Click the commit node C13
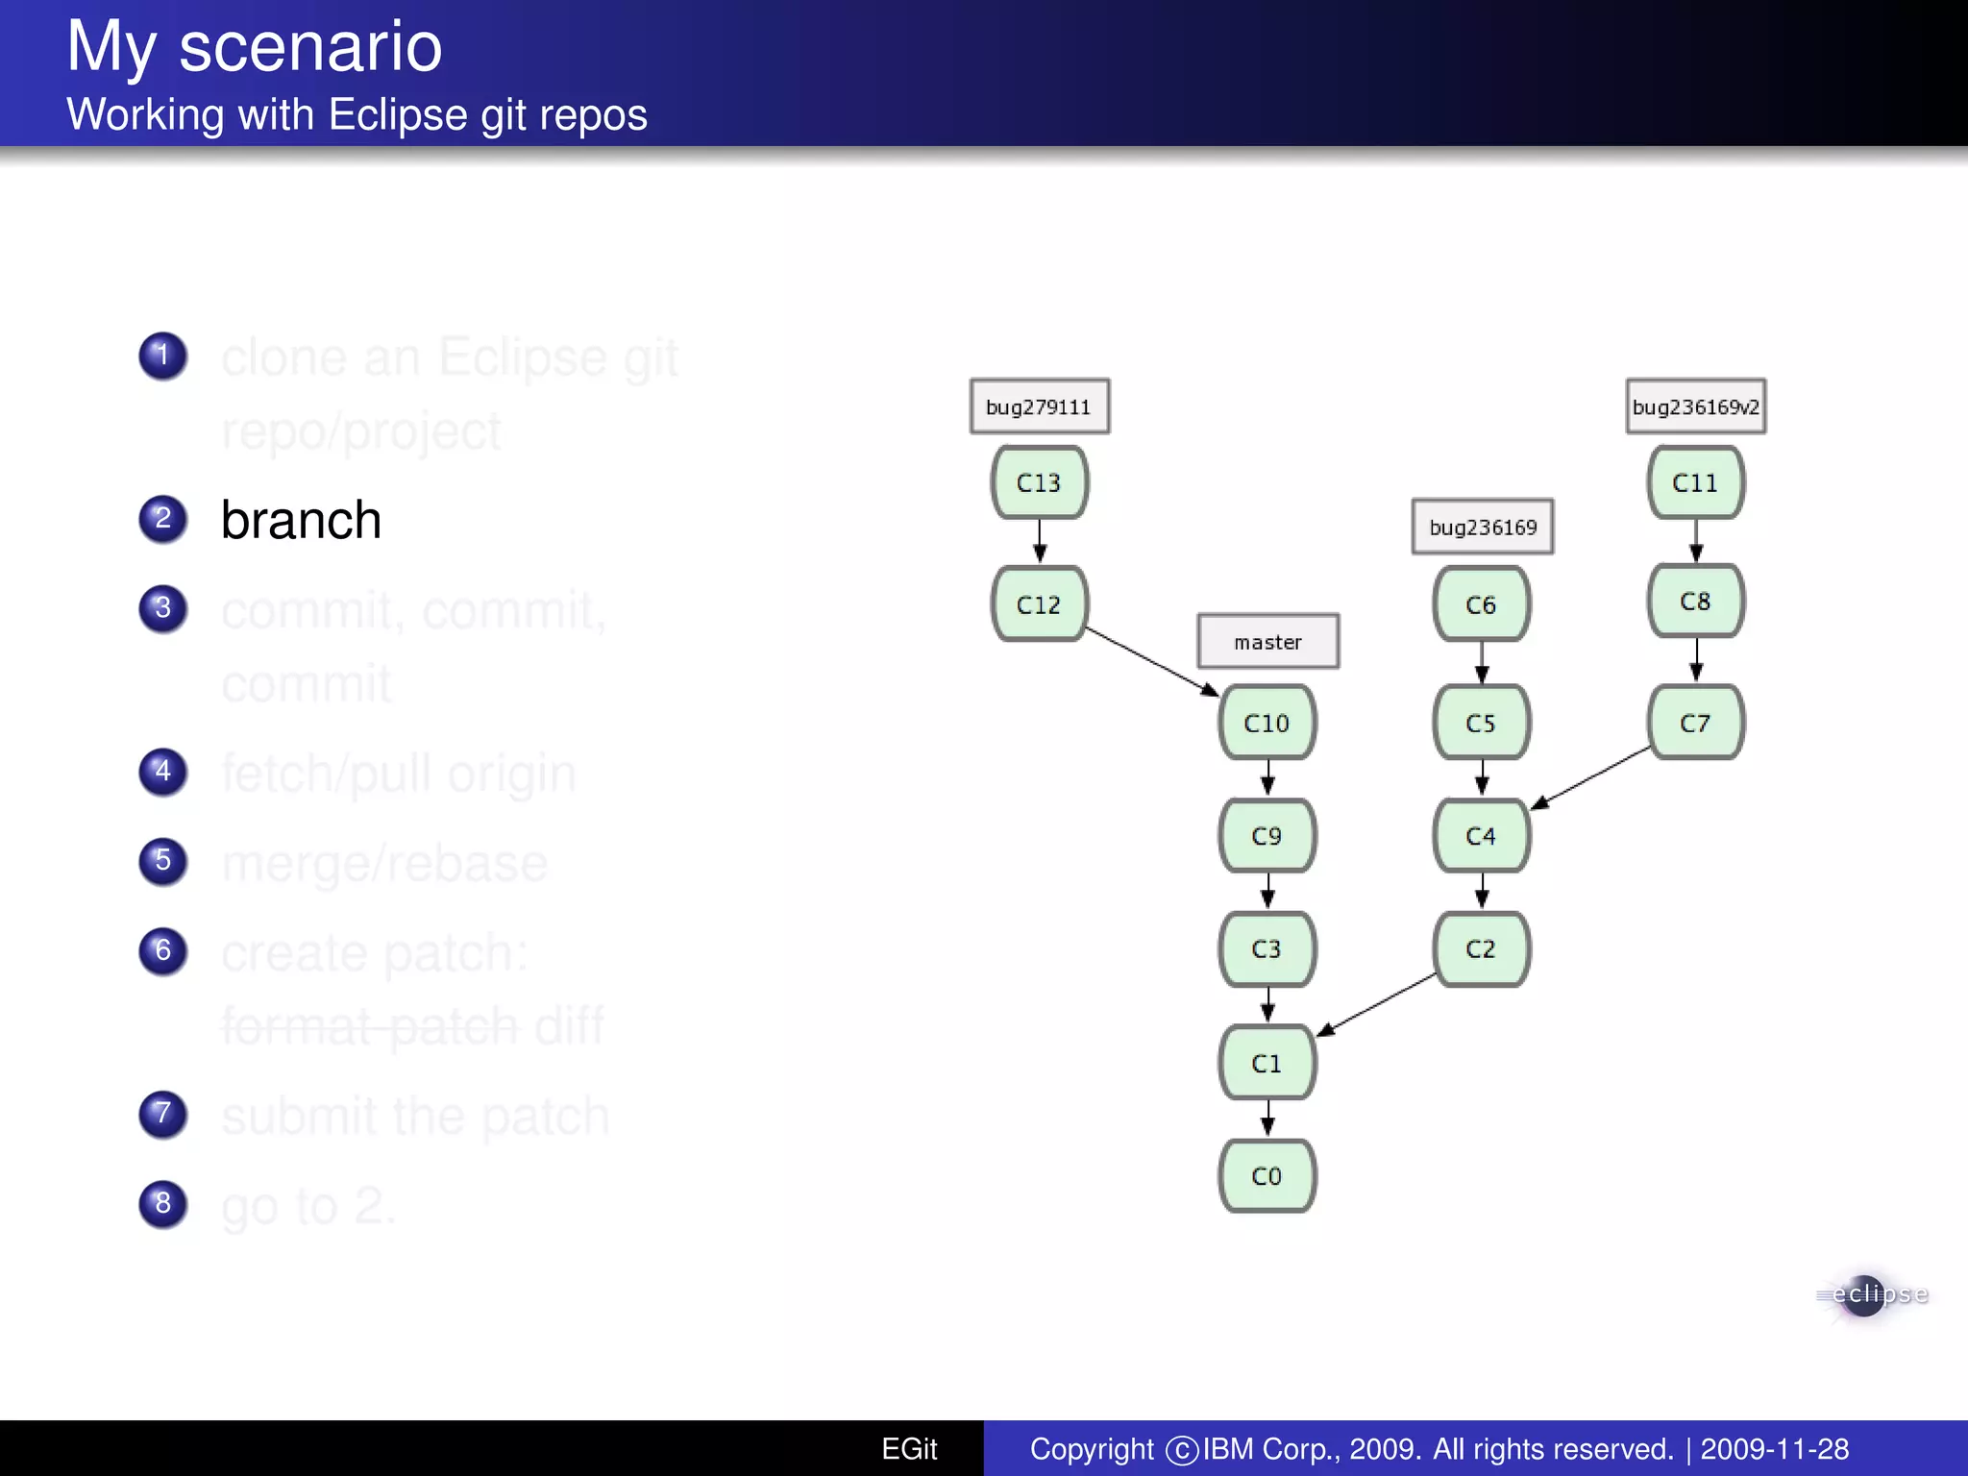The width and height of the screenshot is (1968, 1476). click(x=1039, y=482)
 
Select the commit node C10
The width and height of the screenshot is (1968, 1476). click(x=1267, y=723)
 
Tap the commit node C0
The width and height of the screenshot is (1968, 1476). click(x=1267, y=1176)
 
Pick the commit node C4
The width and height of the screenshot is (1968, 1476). click(x=1481, y=836)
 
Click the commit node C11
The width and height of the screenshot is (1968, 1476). click(x=1695, y=482)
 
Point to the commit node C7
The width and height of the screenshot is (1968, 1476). click(x=1695, y=723)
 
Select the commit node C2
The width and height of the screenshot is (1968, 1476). click(x=1481, y=949)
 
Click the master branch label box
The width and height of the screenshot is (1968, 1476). click(x=1267, y=642)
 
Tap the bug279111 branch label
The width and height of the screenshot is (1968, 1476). click(x=1039, y=406)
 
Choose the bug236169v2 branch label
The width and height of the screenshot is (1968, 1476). click(x=1695, y=406)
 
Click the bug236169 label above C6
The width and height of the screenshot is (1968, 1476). click(x=1482, y=527)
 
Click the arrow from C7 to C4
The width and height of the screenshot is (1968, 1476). click(x=1590, y=777)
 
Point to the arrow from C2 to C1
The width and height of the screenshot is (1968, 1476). click(x=1376, y=1004)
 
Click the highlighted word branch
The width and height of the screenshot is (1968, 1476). click(x=301, y=520)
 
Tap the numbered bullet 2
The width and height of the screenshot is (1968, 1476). click(x=162, y=519)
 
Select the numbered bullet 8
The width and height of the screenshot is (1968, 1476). click(x=162, y=1204)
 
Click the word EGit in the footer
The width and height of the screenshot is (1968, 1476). click(x=908, y=1448)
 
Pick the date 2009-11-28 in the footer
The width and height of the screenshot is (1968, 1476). click(x=1774, y=1448)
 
